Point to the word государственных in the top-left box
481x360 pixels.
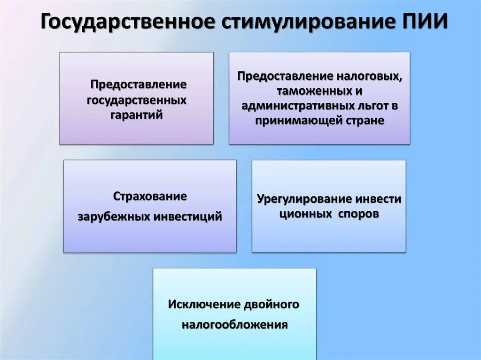137,100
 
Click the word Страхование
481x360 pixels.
150,196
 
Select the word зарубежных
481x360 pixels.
113,217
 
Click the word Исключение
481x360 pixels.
204,305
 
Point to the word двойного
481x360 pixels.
271,305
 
